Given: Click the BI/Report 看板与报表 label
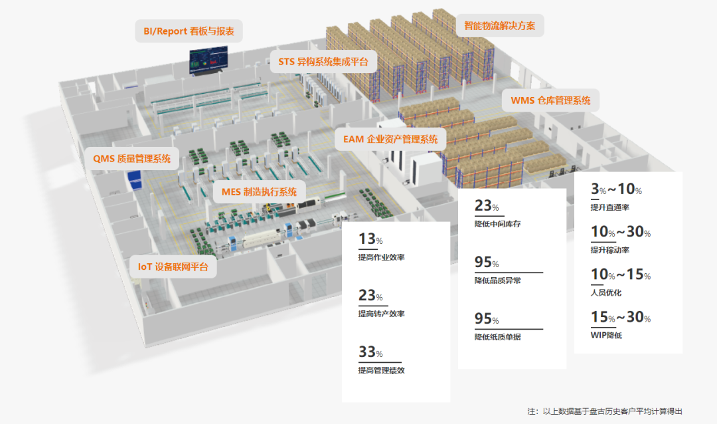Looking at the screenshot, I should click(x=189, y=31).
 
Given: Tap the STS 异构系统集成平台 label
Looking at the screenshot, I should click(x=323, y=62).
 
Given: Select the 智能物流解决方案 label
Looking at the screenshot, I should click(x=500, y=26).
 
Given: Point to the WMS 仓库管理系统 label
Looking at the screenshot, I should click(x=550, y=101).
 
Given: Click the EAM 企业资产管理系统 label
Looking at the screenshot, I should click(x=390, y=140).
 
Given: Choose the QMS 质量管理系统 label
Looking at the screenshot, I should click(x=131, y=158).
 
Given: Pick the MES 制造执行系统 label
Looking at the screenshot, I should click(x=260, y=192).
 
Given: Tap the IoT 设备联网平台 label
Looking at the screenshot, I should click(x=173, y=266).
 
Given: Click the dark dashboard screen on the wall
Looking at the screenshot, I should click(x=208, y=60).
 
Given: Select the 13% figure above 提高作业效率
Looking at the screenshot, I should click(x=370, y=239).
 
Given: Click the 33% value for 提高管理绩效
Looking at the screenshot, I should click(x=370, y=352).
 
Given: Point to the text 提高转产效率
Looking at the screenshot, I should click(x=381, y=314).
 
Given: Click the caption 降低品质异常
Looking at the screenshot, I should click(x=497, y=280).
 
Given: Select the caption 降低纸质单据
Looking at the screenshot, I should click(x=497, y=337).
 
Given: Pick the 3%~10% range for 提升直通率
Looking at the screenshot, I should click(x=616, y=190).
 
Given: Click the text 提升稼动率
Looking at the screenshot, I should click(x=609, y=250).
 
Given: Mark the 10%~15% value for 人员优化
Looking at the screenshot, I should click(x=620, y=274).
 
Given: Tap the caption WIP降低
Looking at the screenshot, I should click(x=605, y=335).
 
